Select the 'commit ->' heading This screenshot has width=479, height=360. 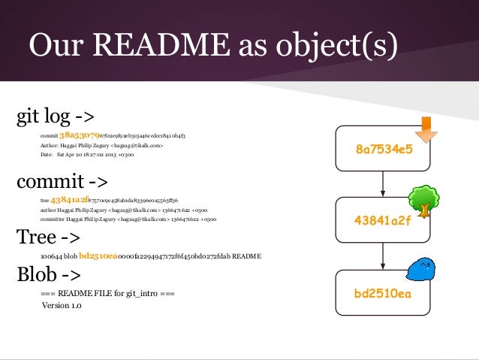[62, 182]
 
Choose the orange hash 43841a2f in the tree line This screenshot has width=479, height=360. [69, 201]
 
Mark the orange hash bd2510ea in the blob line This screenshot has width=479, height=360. [98, 256]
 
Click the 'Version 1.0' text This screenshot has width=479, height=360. [62, 305]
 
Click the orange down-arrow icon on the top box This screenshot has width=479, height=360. [426, 128]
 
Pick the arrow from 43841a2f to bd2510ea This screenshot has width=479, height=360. [384, 256]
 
